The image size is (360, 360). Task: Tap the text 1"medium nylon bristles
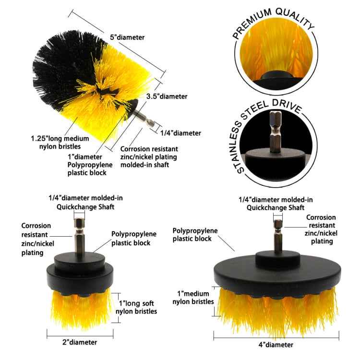tap(192, 298)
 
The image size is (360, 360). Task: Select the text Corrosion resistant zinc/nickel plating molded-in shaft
tap(149, 157)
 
